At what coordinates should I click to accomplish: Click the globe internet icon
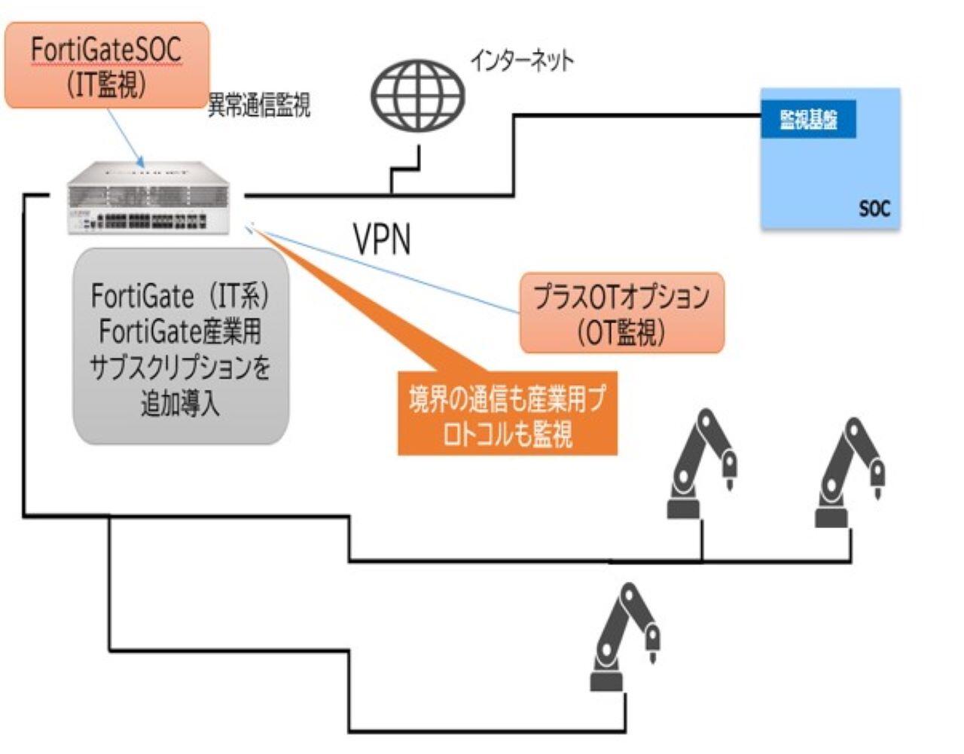tap(417, 96)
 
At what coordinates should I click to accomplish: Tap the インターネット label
tap(522, 60)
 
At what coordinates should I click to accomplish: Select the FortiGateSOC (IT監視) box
tap(106, 66)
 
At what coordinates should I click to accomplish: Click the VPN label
tap(383, 240)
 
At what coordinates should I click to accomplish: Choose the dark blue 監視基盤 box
tap(807, 119)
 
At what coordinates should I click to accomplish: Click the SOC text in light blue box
tap(874, 208)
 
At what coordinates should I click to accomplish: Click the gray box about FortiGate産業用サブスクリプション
tap(181, 346)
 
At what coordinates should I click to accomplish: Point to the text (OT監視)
tap(622, 332)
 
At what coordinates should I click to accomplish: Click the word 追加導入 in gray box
tap(180, 404)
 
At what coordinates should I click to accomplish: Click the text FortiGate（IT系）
tap(180, 295)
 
